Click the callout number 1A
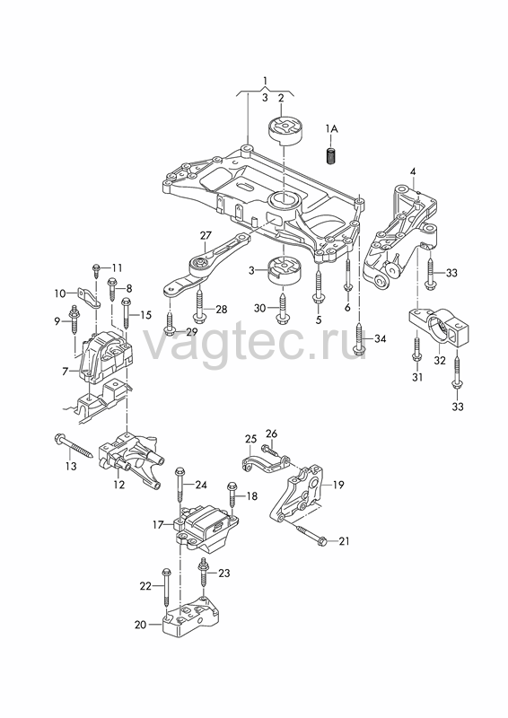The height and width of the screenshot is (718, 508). pos(332,129)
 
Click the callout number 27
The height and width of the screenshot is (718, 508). pos(206,236)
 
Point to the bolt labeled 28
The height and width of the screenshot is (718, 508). pos(200,305)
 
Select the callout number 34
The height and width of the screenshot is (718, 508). pos(381,339)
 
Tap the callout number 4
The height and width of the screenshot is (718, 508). pos(413,171)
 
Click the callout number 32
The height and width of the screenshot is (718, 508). pos(440,361)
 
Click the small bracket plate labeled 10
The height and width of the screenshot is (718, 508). pos(92,298)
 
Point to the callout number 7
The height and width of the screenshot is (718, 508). pos(65,372)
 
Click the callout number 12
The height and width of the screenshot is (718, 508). pos(119,484)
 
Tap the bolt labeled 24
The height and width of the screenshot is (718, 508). pos(180,493)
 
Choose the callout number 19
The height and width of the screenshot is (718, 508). pos(338,485)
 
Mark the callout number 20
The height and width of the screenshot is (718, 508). pos(141,625)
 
